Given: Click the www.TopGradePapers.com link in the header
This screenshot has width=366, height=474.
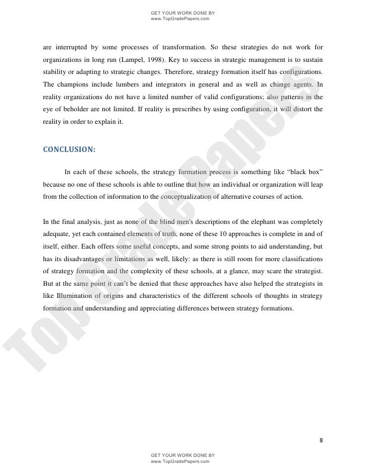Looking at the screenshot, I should coord(179,19).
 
